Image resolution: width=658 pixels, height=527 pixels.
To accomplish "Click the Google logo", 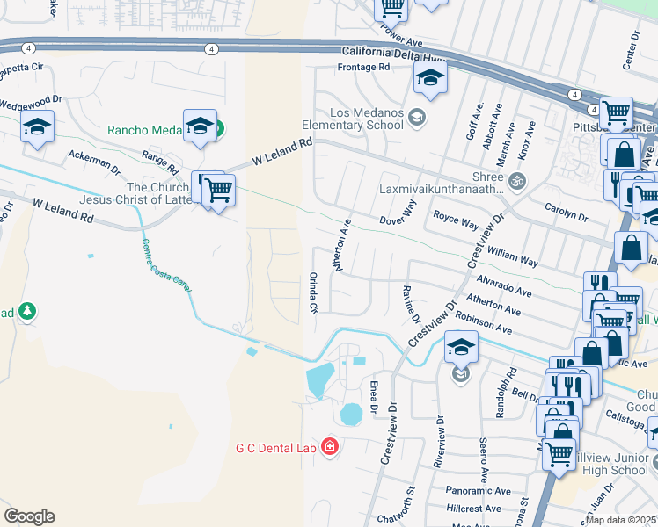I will pos(29,516).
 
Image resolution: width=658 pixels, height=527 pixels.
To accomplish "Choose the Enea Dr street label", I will pos(373,397).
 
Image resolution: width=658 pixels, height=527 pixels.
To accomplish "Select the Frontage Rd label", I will pos(363,67).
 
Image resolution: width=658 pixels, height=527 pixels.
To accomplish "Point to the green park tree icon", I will pos(27,311).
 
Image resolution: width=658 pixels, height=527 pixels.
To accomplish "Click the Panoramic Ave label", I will pos(479,491).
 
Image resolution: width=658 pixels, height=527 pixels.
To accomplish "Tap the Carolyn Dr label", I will pos(566,214).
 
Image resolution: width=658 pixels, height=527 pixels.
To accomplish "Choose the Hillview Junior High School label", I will pos(614,464).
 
